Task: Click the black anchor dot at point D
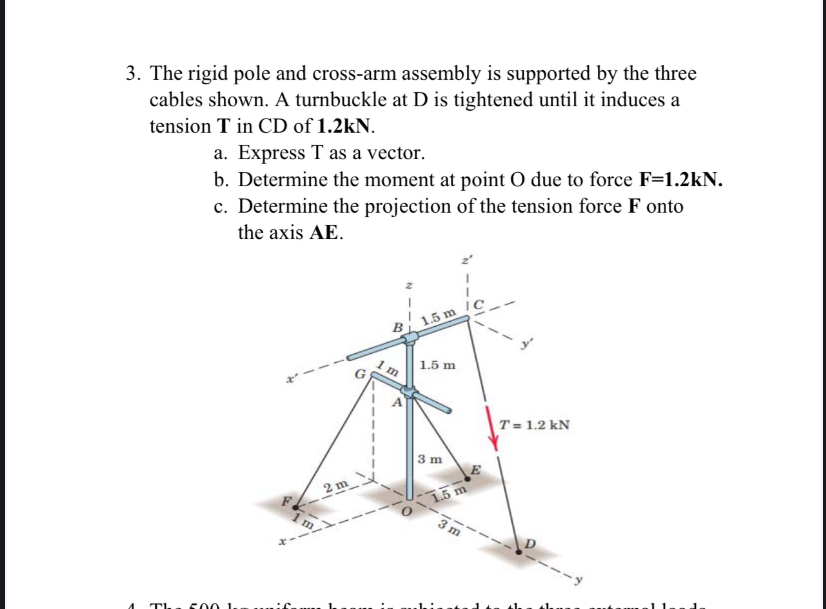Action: click(519, 552)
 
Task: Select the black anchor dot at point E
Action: click(467, 479)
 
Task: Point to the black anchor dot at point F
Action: click(295, 508)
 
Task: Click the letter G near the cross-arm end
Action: click(360, 374)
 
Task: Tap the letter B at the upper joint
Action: click(397, 327)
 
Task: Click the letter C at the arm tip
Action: click(478, 305)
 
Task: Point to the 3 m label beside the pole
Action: click(430, 459)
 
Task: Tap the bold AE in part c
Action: click(323, 233)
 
